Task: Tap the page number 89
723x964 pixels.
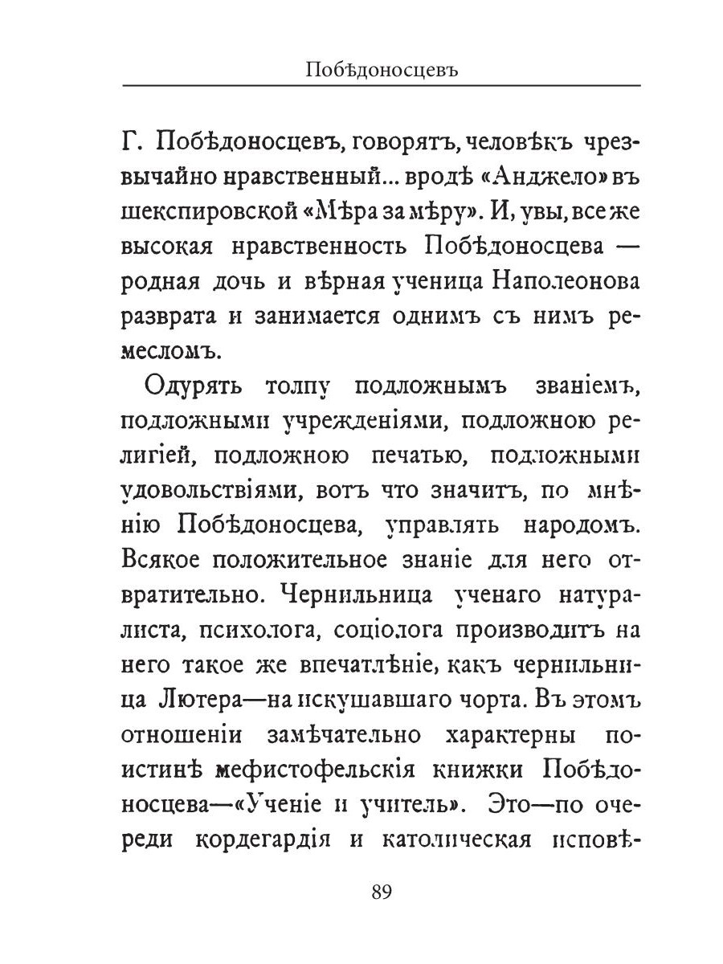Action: coord(381,893)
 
